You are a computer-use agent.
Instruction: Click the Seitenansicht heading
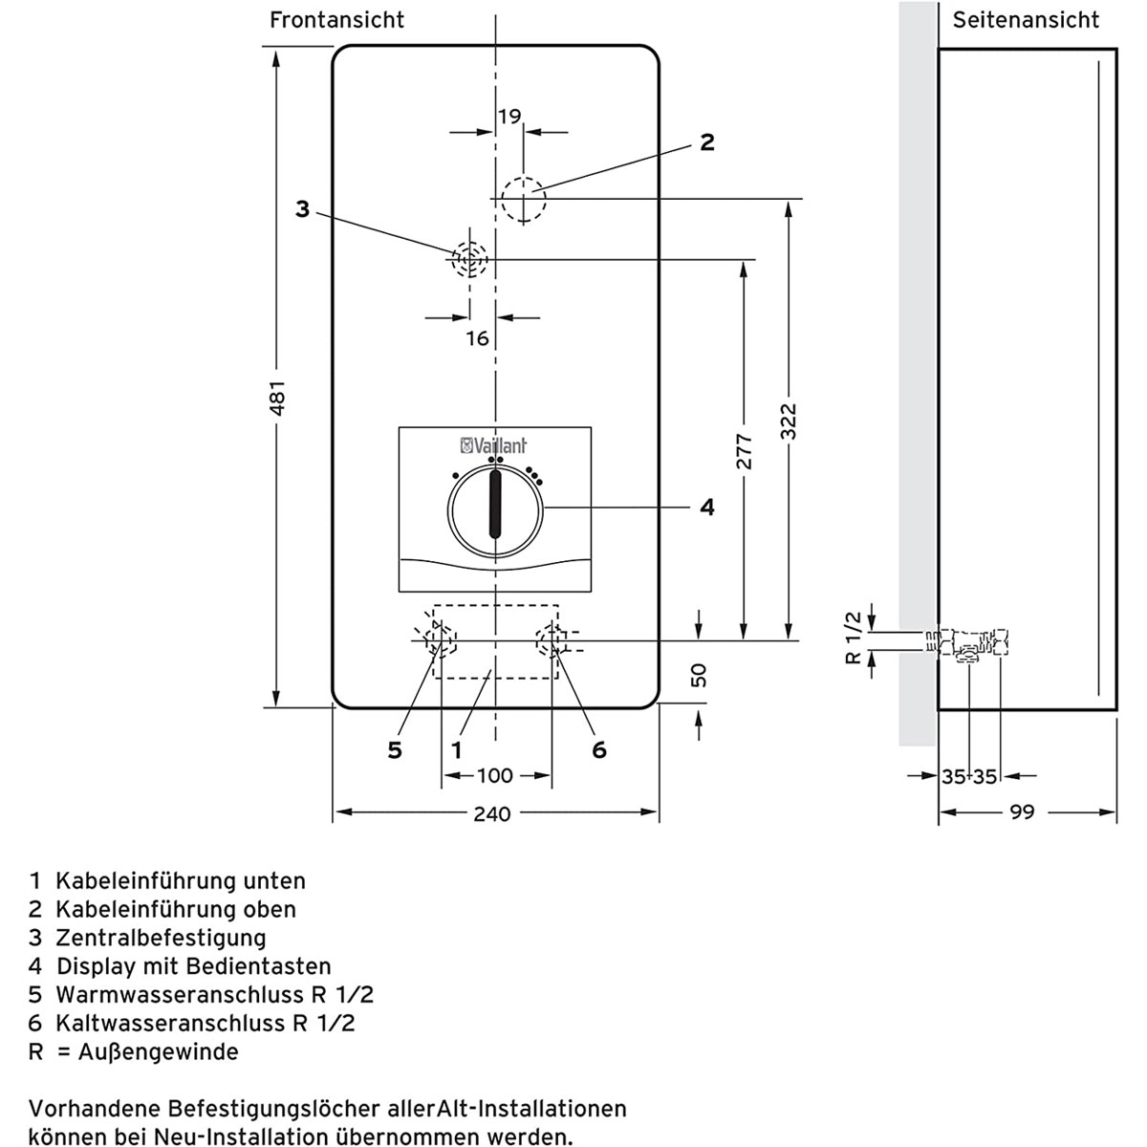(x=1026, y=20)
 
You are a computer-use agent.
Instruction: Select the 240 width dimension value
(x=492, y=814)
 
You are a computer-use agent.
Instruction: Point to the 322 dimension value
(x=787, y=422)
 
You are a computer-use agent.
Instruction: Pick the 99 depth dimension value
(x=1022, y=812)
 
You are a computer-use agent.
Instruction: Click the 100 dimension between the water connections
(x=495, y=775)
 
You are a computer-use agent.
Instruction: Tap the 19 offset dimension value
(x=509, y=117)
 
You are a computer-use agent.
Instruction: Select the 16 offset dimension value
(x=477, y=337)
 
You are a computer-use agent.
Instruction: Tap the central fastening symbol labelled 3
(x=469, y=258)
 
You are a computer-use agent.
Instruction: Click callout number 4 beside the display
(x=706, y=508)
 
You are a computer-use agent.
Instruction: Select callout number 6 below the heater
(x=599, y=750)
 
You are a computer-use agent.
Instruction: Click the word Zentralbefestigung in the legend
(x=161, y=938)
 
